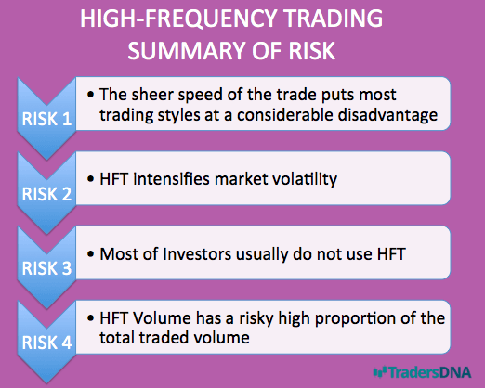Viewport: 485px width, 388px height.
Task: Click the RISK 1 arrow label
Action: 46,119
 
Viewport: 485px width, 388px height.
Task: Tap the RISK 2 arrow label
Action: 46,194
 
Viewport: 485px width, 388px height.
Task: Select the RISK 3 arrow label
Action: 46,268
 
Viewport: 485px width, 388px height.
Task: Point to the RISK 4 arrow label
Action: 46,343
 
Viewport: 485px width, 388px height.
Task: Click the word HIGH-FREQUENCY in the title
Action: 178,19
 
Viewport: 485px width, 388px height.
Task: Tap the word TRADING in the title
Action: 334,19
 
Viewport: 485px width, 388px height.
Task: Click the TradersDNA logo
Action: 423,372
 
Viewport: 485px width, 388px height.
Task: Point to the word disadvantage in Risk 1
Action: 387,115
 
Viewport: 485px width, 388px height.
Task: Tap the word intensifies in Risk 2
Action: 172,179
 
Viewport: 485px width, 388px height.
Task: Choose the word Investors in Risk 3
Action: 197,254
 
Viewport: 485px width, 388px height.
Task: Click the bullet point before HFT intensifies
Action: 90,179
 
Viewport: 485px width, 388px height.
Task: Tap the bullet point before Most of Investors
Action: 90,254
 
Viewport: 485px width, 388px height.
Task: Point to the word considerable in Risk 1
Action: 284,115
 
